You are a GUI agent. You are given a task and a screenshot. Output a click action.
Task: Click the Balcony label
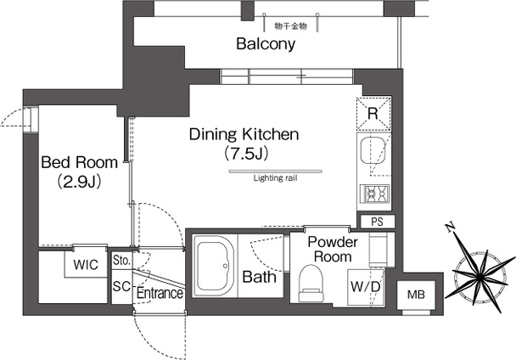(266, 44)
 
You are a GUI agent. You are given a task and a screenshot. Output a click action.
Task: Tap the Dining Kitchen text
(244, 134)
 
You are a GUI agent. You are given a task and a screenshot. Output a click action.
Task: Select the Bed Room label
(79, 162)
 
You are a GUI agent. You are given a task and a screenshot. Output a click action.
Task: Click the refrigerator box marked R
(373, 114)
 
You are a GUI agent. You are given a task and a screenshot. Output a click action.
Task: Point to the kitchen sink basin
(373, 151)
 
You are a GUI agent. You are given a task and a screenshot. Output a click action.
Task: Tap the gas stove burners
(375, 194)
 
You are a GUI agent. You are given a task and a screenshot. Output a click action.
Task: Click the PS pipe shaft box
(378, 222)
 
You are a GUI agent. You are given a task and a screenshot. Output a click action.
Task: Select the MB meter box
(416, 295)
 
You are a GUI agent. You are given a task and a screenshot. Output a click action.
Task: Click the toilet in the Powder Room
(311, 283)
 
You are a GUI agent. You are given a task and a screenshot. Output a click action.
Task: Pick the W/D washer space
(366, 287)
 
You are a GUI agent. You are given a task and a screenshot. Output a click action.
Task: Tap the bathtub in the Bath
(214, 266)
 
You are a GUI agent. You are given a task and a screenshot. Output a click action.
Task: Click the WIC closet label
(86, 265)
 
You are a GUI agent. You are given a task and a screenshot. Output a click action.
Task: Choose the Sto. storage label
(121, 261)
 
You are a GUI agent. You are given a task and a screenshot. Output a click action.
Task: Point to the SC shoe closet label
(121, 286)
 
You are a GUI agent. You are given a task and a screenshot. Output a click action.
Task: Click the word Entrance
(160, 293)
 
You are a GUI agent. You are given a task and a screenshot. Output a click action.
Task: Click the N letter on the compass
(449, 228)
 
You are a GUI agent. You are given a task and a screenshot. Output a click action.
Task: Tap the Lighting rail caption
(276, 178)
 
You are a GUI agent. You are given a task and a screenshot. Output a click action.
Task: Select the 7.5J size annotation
(245, 154)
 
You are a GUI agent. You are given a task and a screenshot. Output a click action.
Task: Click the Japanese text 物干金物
(290, 26)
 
